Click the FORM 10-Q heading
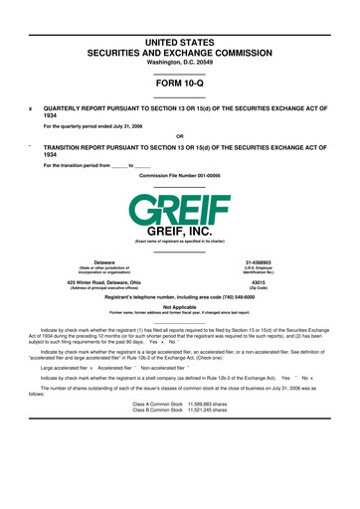point(179,82)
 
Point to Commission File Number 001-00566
point(179,175)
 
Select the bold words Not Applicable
point(179,307)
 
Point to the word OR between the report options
point(179,135)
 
